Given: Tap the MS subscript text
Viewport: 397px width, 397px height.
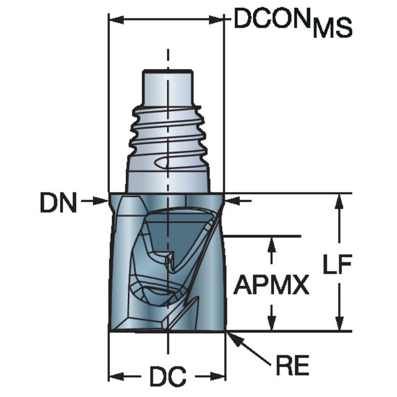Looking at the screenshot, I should (x=332, y=29).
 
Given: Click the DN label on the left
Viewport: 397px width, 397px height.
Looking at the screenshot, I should (x=58, y=204).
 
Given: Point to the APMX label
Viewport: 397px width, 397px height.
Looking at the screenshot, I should (x=271, y=285).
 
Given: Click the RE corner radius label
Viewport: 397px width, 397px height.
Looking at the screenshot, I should (x=292, y=366).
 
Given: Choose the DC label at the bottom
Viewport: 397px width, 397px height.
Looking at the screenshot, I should (x=167, y=377).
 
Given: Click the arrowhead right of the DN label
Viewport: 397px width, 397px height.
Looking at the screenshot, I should (x=103, y=201).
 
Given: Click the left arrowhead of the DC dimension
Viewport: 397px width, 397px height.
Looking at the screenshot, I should (x=115, y=376).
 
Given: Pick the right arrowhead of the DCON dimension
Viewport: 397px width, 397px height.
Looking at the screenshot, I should (x=218, y=20).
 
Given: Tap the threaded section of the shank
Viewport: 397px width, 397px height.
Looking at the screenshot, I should (x=167, y=135).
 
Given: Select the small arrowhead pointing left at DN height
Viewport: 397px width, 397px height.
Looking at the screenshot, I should (x=232, y=201).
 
